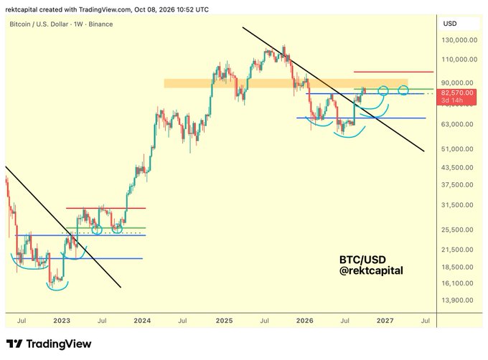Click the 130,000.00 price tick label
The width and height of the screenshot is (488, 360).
click(459, 40)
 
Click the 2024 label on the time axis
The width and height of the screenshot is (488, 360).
click(142, 321)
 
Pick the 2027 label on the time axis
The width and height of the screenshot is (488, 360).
click(385, 321)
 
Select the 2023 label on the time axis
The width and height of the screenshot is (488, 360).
click(62, 321)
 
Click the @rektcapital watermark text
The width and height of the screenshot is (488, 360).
click(371, 270)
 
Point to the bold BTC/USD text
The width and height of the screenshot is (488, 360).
click(362, 260)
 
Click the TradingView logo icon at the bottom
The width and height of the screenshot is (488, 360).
click(14, 344)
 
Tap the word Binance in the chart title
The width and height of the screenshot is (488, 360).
click(100, 24)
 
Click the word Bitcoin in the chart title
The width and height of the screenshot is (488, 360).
click(20, 24)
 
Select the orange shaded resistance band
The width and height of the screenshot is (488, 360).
click(286, 83)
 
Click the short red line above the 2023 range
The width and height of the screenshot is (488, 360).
click(105, 208)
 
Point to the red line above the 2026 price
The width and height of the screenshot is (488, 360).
click(393, 72)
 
